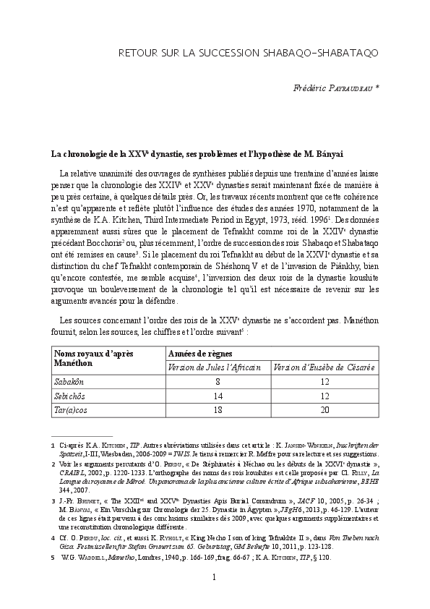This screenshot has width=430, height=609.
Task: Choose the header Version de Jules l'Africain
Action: pyautogui.click(x=215, y=367)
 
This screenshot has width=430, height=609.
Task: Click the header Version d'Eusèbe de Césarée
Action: pyautogui.click(x=324, y=367)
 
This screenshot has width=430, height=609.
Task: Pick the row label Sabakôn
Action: pyautogui.click(x=70, y=382)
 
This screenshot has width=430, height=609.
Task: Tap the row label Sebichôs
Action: pyautogui.click(x=71, y=396)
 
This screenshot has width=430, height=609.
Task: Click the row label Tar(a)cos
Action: pyautogui.click(x=72, y=409)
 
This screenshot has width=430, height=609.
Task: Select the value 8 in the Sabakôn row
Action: pyautogui.click(x=217, y=382)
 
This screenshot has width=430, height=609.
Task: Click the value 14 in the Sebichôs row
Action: pyautogui.click(x=217, y=396)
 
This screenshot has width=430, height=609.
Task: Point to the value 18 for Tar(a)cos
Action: pyautogui.click(x=217, y=409)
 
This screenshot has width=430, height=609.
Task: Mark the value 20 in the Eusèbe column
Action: pyautogui.click(x=324, y=409)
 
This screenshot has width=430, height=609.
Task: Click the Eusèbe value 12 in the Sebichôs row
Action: pyautogui.click(x=324, y=396)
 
